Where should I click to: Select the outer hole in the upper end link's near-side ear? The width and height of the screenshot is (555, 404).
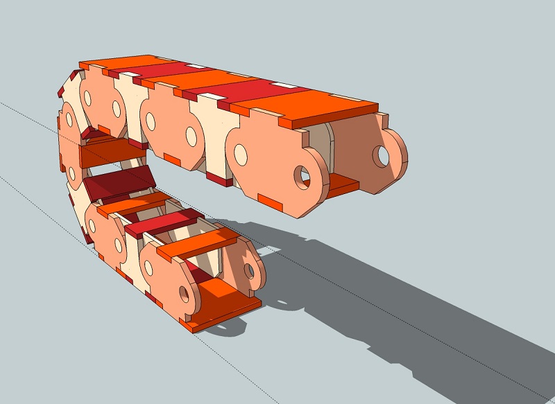(302, 176)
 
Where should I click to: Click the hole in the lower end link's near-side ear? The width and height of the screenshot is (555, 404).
(185, 295)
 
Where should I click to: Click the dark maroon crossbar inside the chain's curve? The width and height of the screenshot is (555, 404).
(118, 183)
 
